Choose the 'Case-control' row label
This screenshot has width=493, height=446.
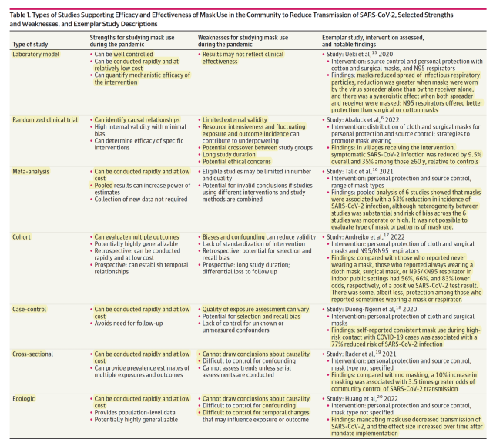tap(32, 308)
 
